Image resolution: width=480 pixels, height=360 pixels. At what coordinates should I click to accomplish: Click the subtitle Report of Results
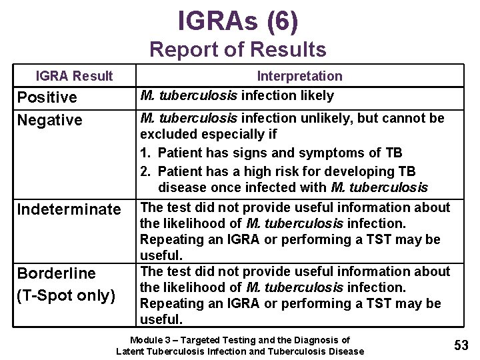point(238,49)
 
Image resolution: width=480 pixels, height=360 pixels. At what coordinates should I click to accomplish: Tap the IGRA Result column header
point(74,76)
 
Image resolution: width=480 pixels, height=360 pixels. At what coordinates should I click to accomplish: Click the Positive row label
point(47,98)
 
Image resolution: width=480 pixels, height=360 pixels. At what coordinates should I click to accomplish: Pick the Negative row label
point(49,121)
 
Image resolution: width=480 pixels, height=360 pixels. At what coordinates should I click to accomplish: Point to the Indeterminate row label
point(69,210)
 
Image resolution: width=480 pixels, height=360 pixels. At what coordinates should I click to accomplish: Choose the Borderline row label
point(56,273)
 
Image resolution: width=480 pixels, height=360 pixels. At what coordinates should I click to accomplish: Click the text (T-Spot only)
point(66,295)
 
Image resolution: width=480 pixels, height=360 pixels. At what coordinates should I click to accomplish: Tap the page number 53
point(461,345)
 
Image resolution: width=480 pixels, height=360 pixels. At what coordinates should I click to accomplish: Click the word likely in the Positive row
point(317,96)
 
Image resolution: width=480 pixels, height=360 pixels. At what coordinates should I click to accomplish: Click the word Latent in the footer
point(130,351)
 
